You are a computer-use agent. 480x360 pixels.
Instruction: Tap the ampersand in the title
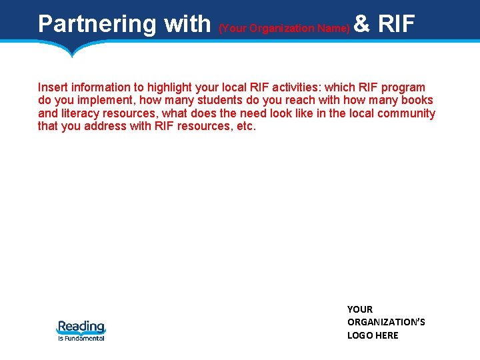click(362, 24)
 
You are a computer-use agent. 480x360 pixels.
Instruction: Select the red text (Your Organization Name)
click(284, 28)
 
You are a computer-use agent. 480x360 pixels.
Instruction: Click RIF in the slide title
click(397, 24)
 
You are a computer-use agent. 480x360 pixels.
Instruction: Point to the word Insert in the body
click(53, 87)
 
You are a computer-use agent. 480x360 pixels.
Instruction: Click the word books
click(417, 100)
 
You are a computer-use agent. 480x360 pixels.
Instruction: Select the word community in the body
click(407, 113)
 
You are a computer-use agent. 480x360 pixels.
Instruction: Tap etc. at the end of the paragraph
click(245, 126)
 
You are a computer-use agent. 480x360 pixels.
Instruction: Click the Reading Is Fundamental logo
click(81, 330)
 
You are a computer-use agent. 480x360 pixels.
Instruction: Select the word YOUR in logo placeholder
click(360, 309)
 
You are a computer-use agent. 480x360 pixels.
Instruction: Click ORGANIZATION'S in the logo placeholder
click(386, 322)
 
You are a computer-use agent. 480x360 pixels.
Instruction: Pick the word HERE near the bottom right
click(386, 335)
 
